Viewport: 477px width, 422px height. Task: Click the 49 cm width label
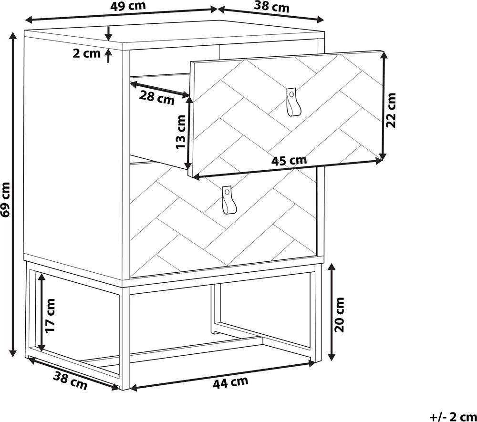pyautogui.click(x=128, y=6)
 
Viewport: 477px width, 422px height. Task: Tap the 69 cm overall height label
pyautogui.click(x=5, y=200)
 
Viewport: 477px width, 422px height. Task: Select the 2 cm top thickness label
pyautogui.click(x=86, y=53)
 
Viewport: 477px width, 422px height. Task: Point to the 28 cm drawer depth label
pyautogui.click(x=157, y=98)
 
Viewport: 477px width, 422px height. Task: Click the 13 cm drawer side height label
pyautogui.click(x=181, y=132)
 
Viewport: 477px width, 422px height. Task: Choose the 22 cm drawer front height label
pyautogui.click(x=391, y=110)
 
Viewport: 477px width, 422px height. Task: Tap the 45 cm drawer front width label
pyautogui.click(x=289, y=161)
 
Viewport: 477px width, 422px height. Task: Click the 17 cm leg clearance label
pyautogui.click(x=51, y=315)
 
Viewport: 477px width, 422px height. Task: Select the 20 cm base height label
pyautogui.click(x=339, y=315)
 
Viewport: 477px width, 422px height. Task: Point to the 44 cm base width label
pyautogui.click(x=230, y=383)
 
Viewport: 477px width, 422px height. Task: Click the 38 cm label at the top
pyautogui.click(x=272, y=7)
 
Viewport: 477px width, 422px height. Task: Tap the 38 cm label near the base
pyautogui.click(x=70, y=381)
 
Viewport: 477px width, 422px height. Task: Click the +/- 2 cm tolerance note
pyautogui.click(x=453, y=417)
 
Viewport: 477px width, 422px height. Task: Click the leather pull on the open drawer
pyautogui.click(x=293, y=102)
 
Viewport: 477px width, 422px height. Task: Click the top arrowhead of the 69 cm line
pyautogui.click(x=13, y=36)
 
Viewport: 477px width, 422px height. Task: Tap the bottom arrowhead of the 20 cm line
pyautogui.click(x=332, y=357)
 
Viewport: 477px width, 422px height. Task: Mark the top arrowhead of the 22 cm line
pyautogui.click(x=384, y=54)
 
